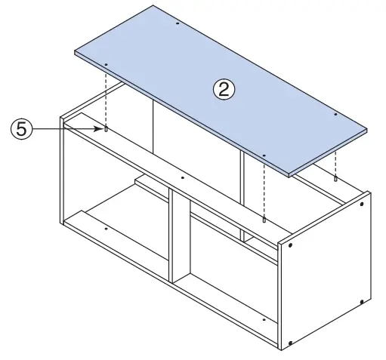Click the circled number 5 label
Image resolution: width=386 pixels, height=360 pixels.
tap(22, 130)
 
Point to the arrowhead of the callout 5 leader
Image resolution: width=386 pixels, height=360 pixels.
tap(100, 130)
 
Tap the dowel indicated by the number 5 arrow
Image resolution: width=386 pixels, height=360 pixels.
tap(107, 130)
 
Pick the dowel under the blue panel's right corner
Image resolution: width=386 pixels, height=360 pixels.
tap(335, 179)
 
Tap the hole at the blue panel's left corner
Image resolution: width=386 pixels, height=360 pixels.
tap(107, 65)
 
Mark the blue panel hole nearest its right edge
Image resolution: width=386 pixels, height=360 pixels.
tap(335, 114)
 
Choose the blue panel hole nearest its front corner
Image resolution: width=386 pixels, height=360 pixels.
tap(264, 156)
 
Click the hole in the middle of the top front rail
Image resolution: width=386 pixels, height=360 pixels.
tap(183, 179)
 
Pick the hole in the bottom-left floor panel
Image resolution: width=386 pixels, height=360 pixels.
tap(107, 228)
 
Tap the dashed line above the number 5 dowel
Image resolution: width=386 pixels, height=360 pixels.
tap(107, 98)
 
